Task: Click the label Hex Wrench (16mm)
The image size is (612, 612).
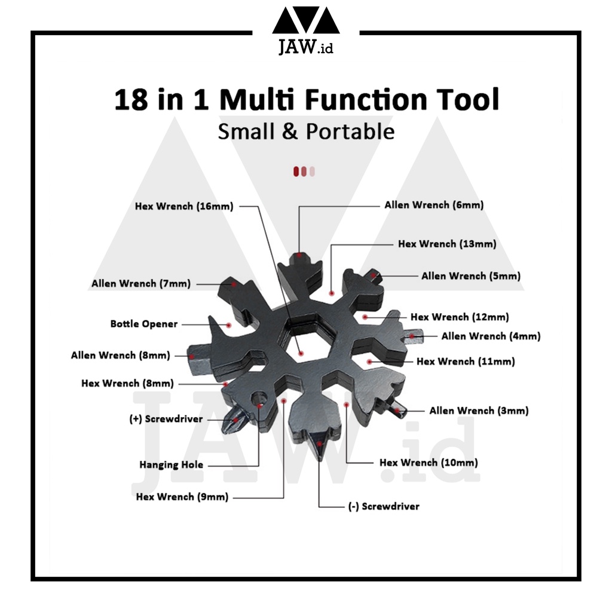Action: [x=183, y=207]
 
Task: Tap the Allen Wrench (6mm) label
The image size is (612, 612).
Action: [x=434, y=205]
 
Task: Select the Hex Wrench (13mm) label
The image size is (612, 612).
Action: [x=447, y=244]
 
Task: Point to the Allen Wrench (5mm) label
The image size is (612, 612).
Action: [x=470, y=276]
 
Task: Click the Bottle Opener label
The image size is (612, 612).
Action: [x=144, y=324]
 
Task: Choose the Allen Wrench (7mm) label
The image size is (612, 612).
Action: [x=141, y=284]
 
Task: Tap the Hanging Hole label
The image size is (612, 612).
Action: [x=172, y=464]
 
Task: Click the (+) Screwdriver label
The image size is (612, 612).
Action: [x=166, y=419]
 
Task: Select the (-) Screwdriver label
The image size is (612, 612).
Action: [x=384, y=506]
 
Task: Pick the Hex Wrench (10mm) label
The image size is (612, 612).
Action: [x=429, y=463]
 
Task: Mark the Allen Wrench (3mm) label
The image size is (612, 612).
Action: [x=479, y=411]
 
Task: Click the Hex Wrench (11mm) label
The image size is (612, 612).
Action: [x=466, y=362]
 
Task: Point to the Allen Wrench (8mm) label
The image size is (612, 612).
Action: [x=120, y=356]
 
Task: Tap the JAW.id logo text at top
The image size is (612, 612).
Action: [x=305, y=48]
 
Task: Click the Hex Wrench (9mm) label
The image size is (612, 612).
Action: [x=182, y=497]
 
